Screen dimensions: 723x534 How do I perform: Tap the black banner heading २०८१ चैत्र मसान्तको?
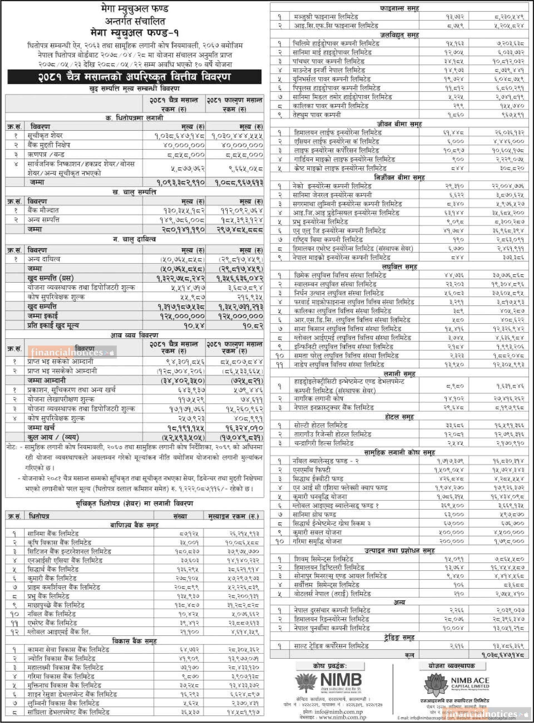coord(134,77)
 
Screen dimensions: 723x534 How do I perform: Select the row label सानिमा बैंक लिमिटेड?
coord(53,534)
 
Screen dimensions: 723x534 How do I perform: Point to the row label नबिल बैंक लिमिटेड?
coord(51,614)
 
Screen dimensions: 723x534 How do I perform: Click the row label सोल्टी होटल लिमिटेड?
coord(320,425)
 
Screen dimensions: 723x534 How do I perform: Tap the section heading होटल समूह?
coord(399,416)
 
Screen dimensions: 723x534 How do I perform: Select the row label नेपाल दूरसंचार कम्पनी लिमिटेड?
coord(332,610)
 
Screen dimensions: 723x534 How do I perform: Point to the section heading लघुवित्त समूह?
coord(399,267)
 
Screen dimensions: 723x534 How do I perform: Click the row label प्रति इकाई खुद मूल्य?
coord(53,325)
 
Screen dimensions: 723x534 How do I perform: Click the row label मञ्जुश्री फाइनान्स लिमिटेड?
coord(326,16)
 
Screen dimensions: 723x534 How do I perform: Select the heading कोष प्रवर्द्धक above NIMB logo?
coord(330,666)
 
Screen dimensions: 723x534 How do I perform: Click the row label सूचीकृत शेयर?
coord(45,135)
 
